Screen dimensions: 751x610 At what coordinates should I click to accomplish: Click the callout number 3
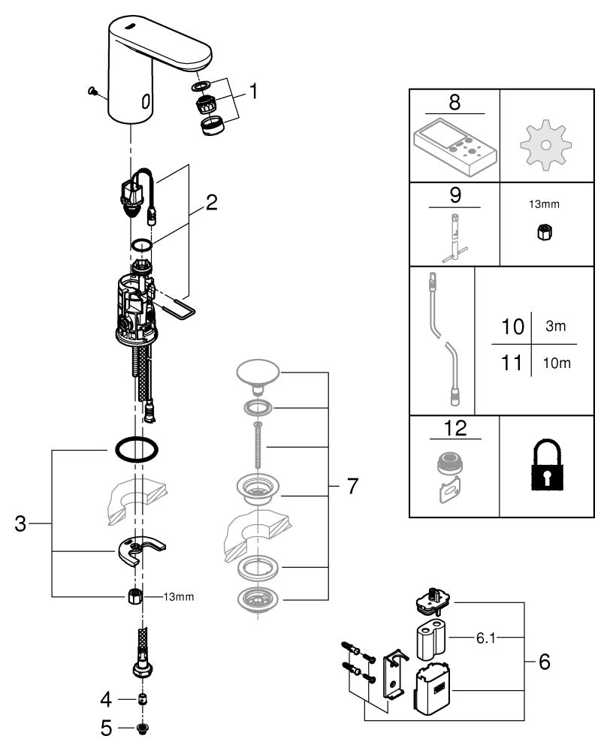[21, 523]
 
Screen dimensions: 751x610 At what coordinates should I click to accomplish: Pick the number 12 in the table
[455, 429]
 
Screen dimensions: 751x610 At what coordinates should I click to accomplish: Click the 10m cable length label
[557, 363]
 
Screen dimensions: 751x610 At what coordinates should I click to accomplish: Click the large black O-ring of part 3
[136, 450]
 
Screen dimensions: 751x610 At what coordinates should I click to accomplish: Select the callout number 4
[106, 700]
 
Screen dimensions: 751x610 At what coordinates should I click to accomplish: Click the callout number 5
[106, 727]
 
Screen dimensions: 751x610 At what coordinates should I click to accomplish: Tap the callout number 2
[212, 202]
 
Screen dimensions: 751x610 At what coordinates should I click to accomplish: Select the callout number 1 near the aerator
[253, 92]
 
